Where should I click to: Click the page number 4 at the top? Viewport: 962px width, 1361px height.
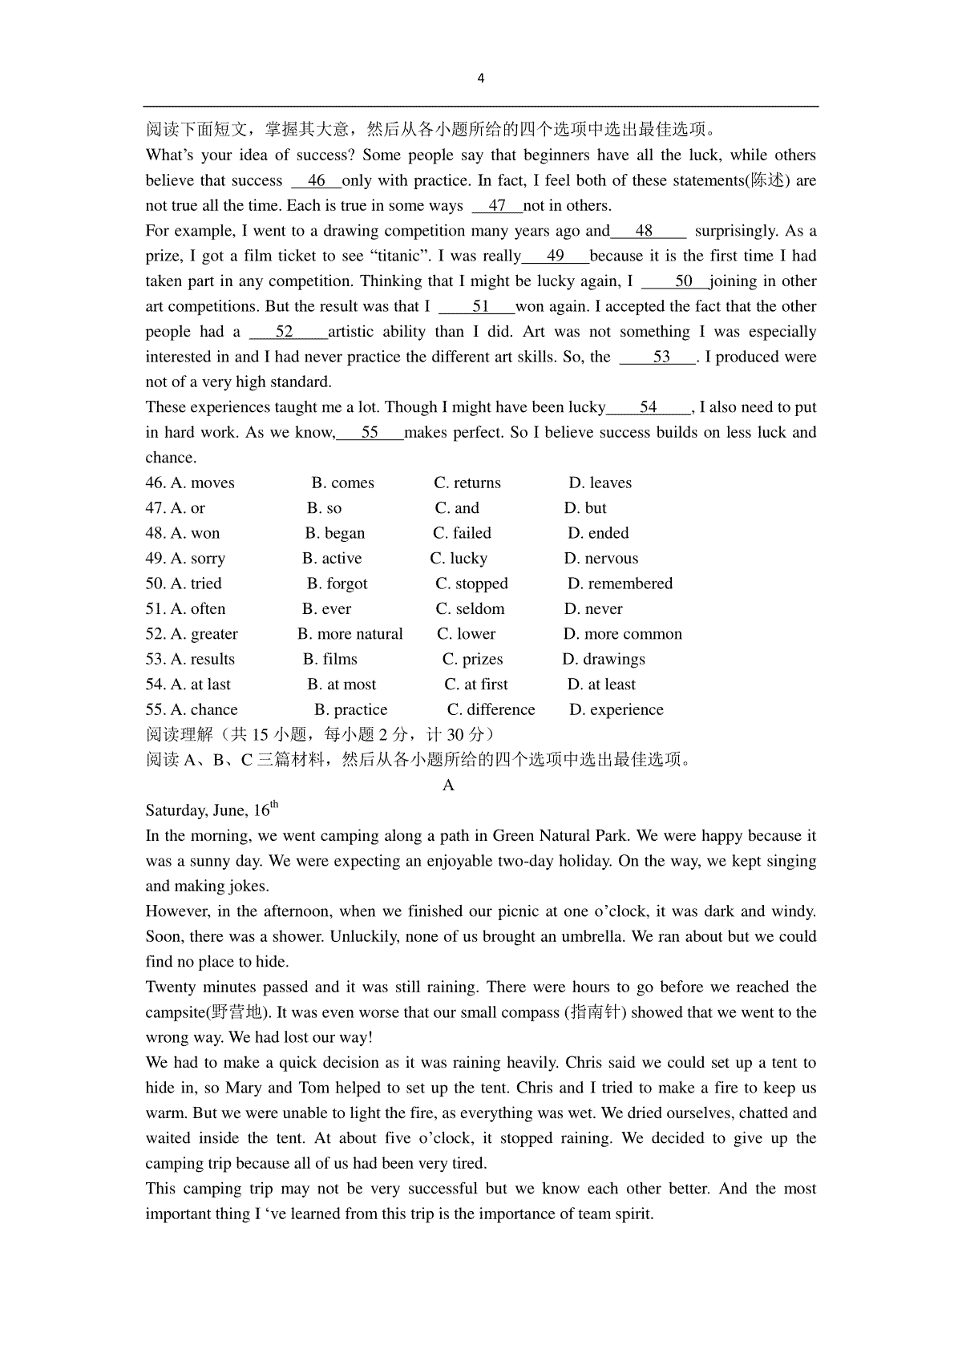[480, 79]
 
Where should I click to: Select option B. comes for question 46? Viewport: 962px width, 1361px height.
[342, 483]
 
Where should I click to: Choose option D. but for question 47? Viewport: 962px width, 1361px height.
[585, 508]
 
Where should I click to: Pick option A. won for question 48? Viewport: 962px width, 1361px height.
[195, 534]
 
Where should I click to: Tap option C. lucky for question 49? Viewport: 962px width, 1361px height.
[459, 559]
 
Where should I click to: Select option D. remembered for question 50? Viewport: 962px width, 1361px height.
[620, 584]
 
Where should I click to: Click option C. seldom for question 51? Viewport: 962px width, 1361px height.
[470, 609]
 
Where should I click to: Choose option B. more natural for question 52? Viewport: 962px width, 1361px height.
[350, 634]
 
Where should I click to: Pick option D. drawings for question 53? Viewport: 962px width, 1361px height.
[604, 660]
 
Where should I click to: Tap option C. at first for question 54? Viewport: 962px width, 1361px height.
[476, 685]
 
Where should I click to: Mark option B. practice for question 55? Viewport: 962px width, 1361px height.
[350, 710]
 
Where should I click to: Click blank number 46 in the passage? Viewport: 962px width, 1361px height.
[317, 181]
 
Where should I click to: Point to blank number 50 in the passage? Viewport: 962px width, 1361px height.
[683, 281]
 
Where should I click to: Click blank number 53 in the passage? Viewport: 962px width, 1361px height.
[661, 357]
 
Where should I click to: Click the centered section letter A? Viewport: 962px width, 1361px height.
[448, 786]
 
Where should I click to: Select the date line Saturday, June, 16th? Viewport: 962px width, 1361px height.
[212, 810]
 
